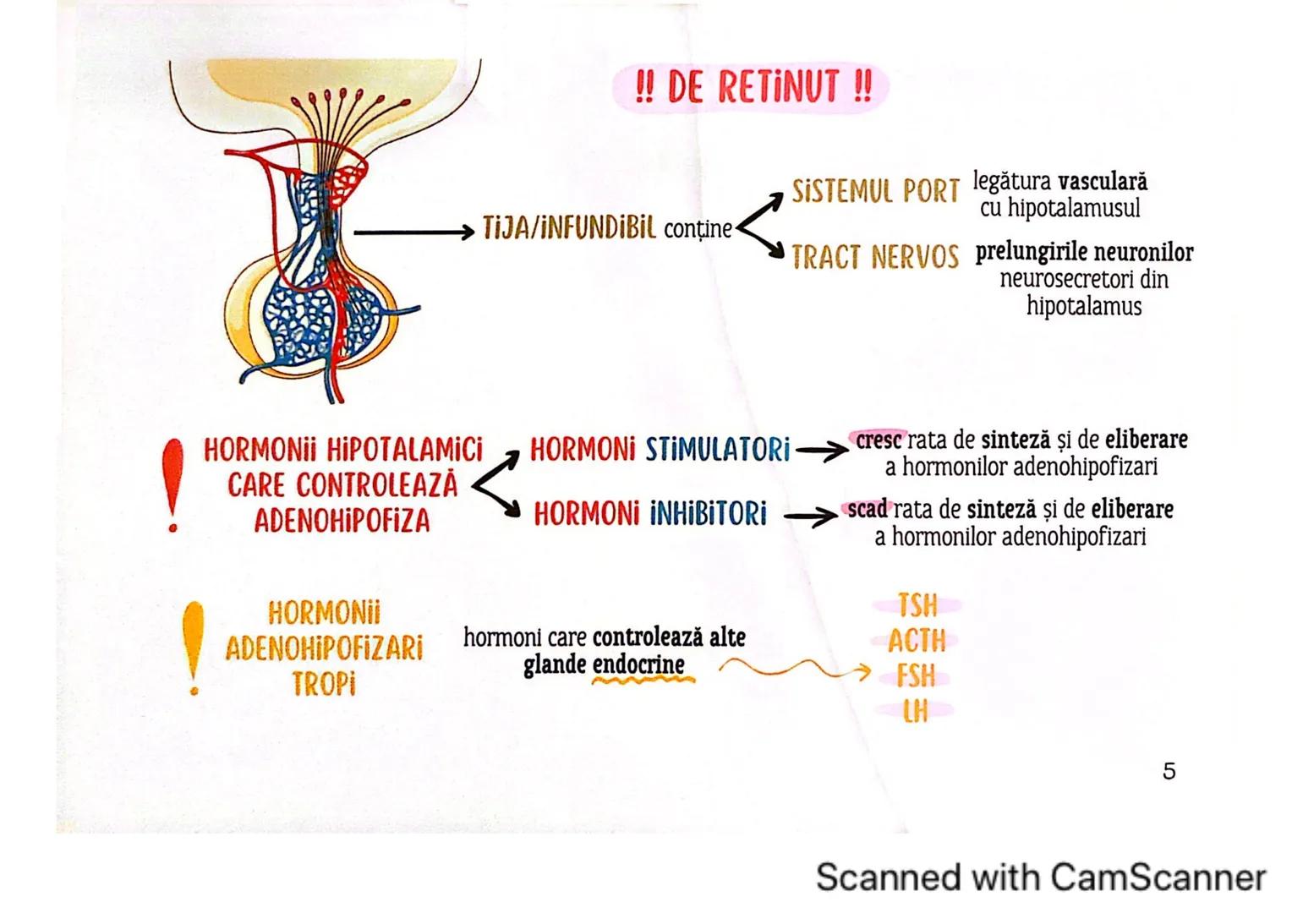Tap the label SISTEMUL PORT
875,192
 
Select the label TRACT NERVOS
875,257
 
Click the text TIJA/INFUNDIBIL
569,229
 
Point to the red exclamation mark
173,484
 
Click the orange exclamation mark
194,647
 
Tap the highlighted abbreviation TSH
917,606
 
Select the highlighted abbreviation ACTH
917,642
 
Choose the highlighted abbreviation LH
916,712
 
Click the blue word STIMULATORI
718,450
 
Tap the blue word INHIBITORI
709,513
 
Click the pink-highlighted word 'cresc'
880,440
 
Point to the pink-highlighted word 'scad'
868,510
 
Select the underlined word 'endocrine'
638,665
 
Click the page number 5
1169,771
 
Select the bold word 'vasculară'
1103,182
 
